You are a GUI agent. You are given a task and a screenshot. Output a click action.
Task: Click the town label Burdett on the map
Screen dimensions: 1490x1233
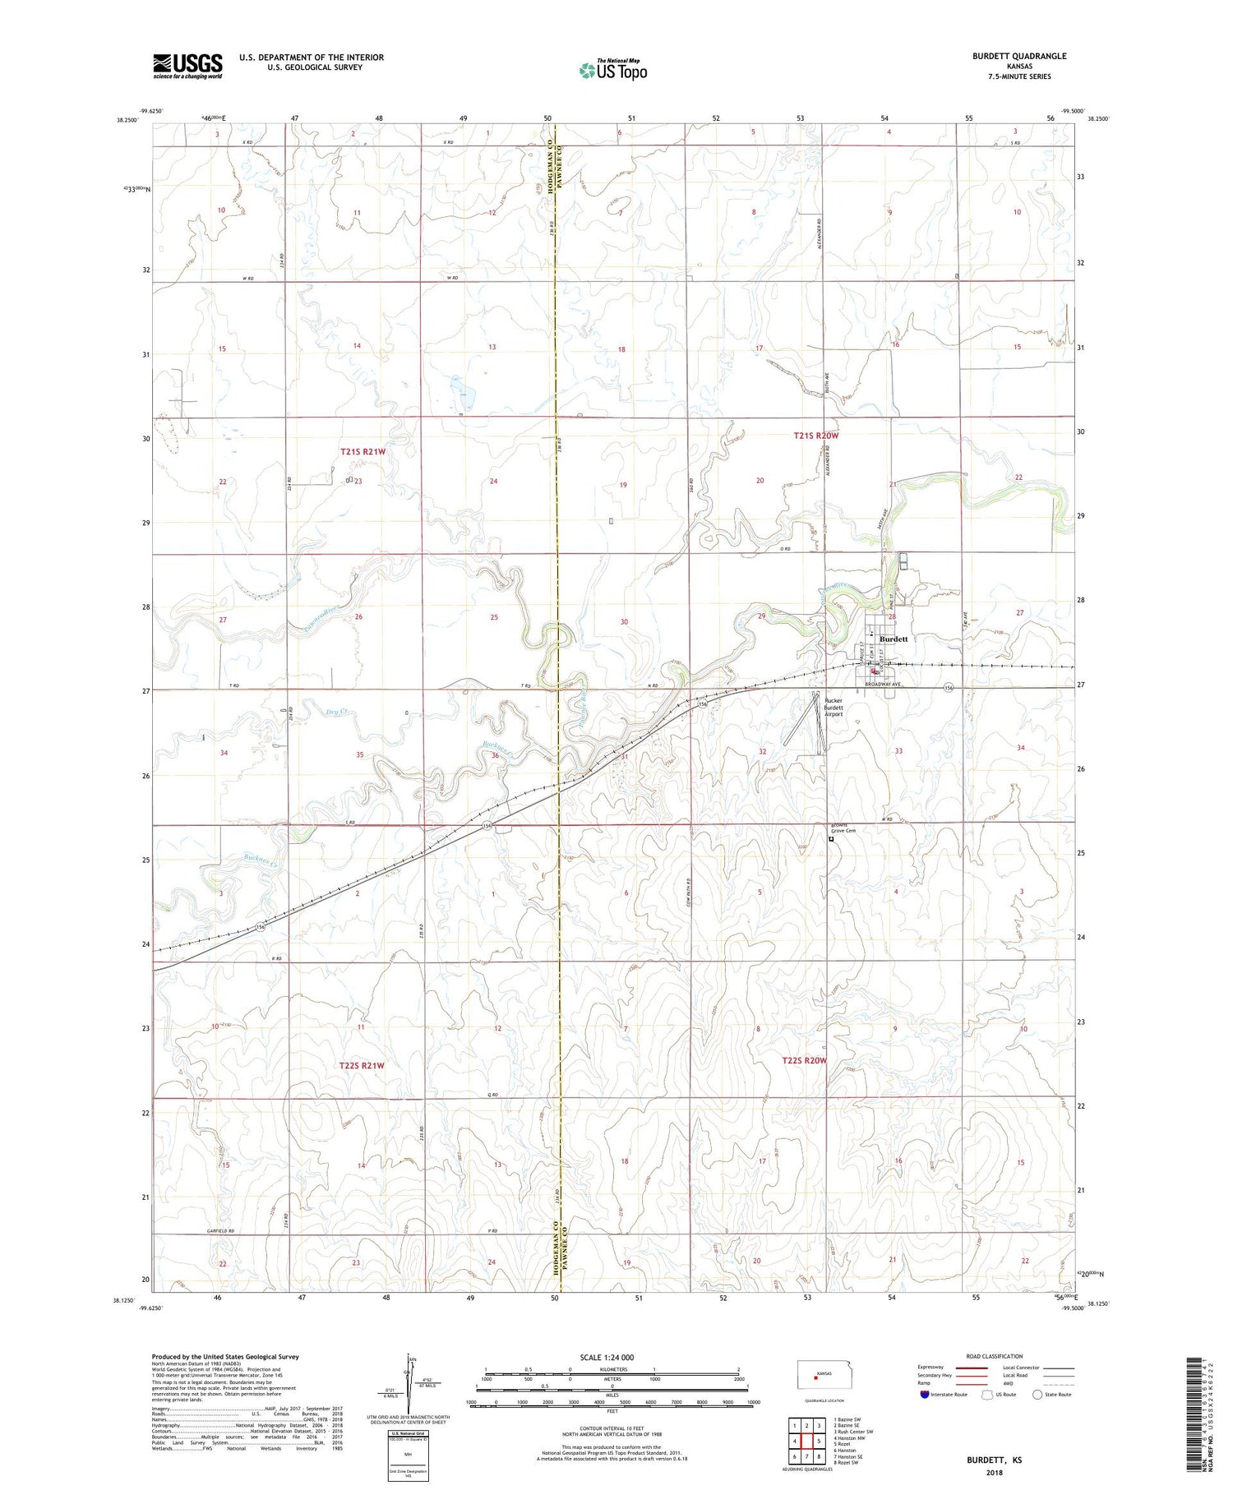[894, 639]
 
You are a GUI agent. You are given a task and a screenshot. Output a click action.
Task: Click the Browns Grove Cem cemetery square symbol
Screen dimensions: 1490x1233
[831, 840]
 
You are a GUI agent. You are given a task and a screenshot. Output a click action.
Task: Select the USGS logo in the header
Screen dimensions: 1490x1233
[187, 66]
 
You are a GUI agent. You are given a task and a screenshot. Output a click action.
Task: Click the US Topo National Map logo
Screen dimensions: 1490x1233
[612, 70]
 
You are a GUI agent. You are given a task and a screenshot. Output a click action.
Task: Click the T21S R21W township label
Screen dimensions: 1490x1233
[363, 452]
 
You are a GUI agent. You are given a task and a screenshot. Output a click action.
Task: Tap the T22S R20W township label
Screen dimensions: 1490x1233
[804, 1061]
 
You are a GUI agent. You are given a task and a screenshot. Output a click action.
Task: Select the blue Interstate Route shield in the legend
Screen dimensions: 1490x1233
[925, 1395]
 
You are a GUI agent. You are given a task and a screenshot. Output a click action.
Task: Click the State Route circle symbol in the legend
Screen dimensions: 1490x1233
[1038, 1395]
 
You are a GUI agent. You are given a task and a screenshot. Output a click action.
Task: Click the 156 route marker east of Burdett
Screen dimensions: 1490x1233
[949, 687]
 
